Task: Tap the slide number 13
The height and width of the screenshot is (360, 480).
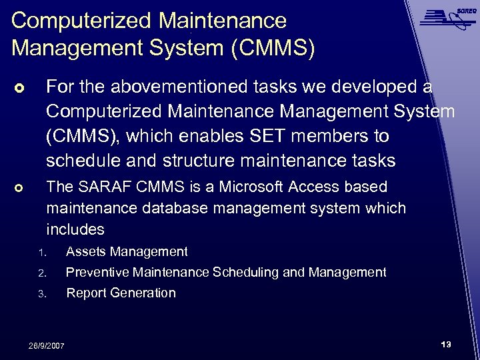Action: (446, 345)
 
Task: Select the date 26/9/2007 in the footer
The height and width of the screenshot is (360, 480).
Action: (46, 345)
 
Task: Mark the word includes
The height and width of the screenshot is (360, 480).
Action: (75, 229)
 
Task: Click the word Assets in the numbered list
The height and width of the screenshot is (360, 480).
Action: (87, 251)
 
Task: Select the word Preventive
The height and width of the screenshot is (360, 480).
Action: (97, 272)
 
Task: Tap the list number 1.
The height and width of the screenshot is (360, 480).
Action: (41, 252)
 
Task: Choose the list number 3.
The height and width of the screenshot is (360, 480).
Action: (41, 293)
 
